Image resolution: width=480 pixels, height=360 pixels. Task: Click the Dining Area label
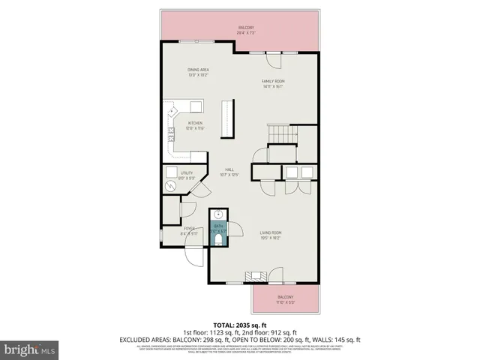(x=198, y=71)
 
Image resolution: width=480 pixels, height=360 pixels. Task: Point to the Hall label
(x=229, y=172)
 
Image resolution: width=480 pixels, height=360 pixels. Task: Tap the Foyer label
(x=188, y=232)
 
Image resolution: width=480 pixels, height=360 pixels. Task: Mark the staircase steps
(x=283, y=135)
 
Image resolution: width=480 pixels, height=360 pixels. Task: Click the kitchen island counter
(x=226, y=119)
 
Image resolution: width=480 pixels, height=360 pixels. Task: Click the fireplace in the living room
(x=256, y=275)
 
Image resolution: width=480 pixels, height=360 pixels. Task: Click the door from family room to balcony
(x=272, y=53)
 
